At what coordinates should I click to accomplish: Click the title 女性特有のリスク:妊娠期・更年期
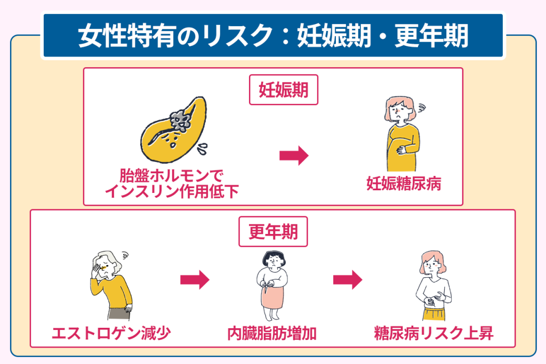pyautogui.click(x=273, y=36)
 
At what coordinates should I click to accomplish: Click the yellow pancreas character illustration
pyautogui.click(x=176, y=131)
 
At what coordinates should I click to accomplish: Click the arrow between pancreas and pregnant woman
pyautogui.click(x=294, y=156)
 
